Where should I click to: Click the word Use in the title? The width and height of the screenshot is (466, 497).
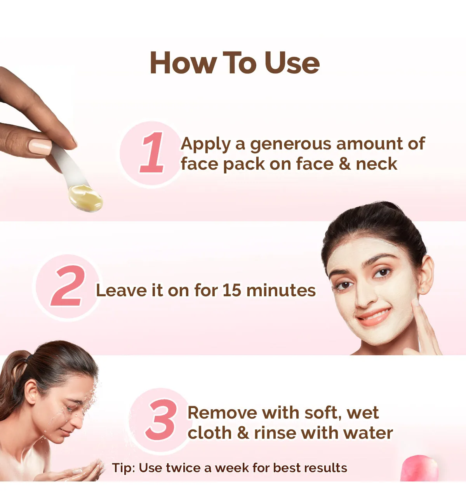pyautogui.click(x=292, y=63)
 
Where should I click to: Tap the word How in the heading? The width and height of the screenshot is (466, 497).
pyautogui.click(x=184, y=63)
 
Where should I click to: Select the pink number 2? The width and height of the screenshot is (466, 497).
pyautogui.click(x=68, y=285)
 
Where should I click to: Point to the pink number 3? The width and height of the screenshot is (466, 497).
pyautogui.click(x=161, y=419)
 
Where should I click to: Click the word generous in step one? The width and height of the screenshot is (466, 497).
pyautogui.click(x=291, y=144)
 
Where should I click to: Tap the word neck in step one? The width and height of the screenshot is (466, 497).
pyautogui.click(x=376, y=164)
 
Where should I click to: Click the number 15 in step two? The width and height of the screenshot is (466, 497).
pyautogui.click(x=231, y=290)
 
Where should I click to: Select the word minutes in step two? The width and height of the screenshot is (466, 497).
pyautogui.click(x=281, y=290)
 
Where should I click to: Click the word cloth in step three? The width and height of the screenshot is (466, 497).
pyautogui.click(x=210, y=433)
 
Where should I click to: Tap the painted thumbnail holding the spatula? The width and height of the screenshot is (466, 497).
pyautogui.click(x=40, y=147)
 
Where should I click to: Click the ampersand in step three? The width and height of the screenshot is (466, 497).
pyautogui.click(x=243, y=433)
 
